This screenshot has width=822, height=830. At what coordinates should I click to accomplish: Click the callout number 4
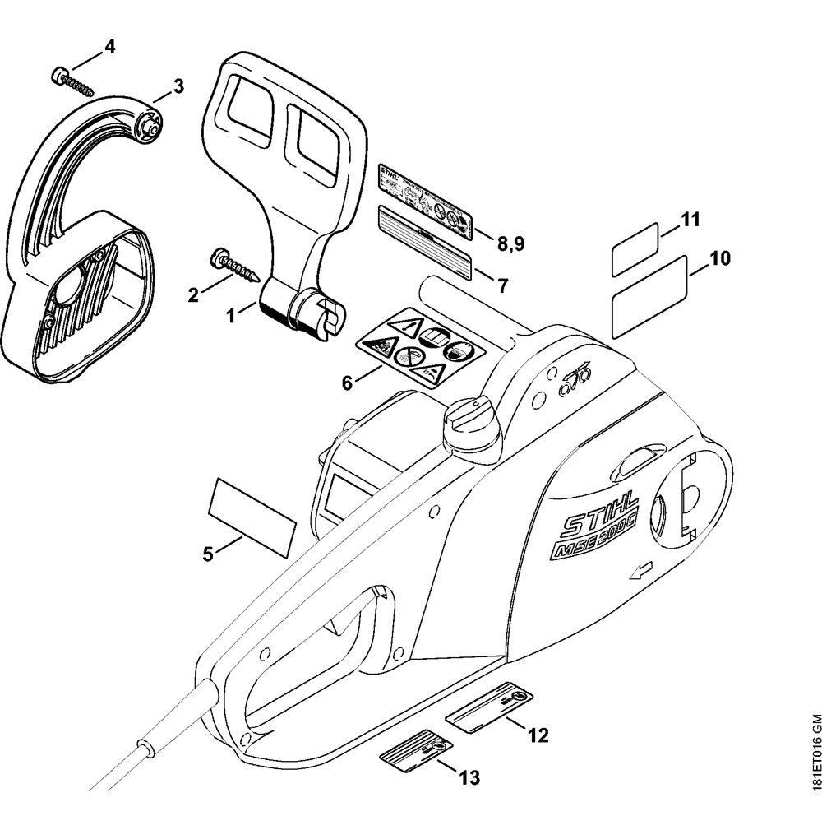pos(109,45)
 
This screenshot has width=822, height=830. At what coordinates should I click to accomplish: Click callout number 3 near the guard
pos(178,85)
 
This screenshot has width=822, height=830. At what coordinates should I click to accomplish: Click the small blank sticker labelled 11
pos(635,248)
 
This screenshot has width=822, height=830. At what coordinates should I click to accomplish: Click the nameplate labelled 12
pos(489,707)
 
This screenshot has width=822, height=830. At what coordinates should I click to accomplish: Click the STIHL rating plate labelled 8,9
pos(425,198)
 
